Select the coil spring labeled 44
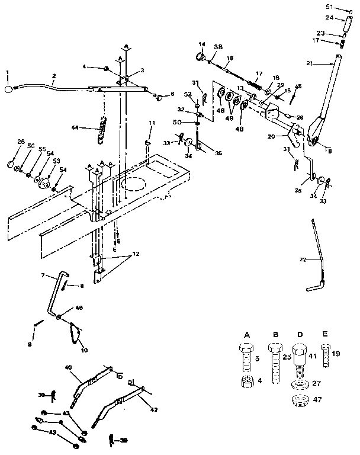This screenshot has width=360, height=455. [104, 130]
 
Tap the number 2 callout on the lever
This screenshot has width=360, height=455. [53, 76]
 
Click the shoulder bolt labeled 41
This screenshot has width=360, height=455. [300, 359]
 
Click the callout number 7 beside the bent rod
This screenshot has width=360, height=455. [43, 276]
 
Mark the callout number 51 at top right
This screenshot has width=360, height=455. [331, 7]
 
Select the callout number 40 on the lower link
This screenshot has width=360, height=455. [68, 368]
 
